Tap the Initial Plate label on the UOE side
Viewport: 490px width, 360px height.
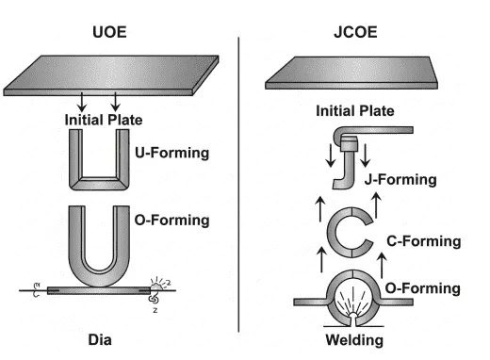(x=106, y=120)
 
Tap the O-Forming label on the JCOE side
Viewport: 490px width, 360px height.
(x=423, y=286)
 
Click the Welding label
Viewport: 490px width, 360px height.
(x=351, y=338)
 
